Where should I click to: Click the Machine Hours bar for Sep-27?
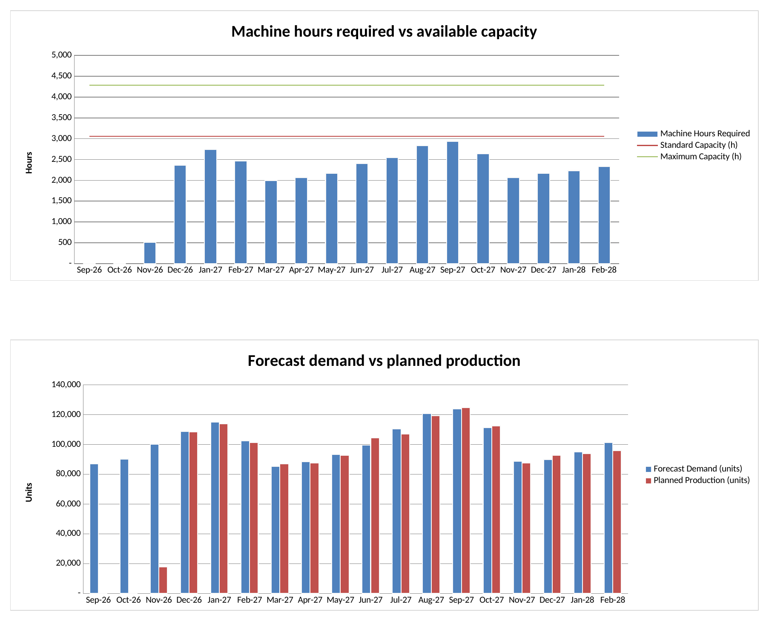tap(453, 203)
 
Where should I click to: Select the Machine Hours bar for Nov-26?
tap(150, 253)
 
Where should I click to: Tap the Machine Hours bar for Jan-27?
tap(210, 207)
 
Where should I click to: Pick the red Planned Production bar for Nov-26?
tap(163, 580)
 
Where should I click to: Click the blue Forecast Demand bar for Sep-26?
tap(94, 529)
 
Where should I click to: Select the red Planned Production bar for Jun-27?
tap(375, 516)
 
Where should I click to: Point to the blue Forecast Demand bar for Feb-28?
tap(608, 518)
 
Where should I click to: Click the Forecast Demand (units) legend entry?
tap(694, 469)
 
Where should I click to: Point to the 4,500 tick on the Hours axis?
tap(62, 76)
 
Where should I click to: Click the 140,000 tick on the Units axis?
tap(66, 385)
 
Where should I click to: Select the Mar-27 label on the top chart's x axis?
tap(271, 270)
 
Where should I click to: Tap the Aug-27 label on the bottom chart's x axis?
tap(431, 600)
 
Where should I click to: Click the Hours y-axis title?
tap(29, 163)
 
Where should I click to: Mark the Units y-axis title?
tap(29, 492)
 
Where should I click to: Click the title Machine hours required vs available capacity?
tap(384, 32)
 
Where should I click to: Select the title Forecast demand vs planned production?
tap(384, 361)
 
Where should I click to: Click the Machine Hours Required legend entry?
tap(693, 134)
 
